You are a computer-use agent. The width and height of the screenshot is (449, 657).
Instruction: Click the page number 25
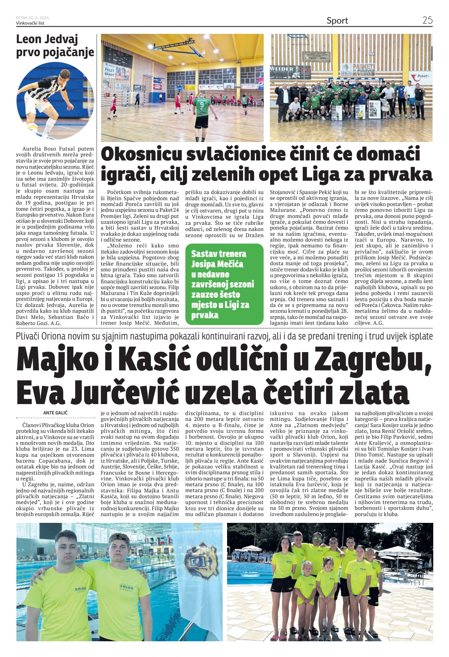pyautogui.click(x=427, y=20)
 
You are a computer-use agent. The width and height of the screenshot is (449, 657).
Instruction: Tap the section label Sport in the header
pyautogui.click(x=337, y=21)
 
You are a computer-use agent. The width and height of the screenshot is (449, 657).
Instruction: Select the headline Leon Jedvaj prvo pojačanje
pyautogui.click(x=55, y=46)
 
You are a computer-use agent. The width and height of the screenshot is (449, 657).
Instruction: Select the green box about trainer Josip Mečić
pyautogui.click(x=224, y=284)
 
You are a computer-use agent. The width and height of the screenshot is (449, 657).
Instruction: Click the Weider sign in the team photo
pyautogui.click(x=282, y=69)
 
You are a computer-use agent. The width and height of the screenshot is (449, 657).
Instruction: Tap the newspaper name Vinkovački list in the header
pyautogui.click(x=30, y=23)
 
